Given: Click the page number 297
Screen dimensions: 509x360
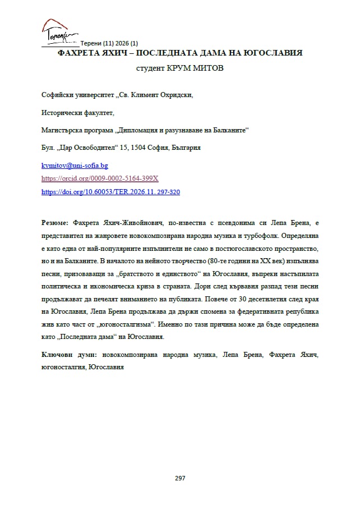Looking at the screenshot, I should click(x=180, y=478).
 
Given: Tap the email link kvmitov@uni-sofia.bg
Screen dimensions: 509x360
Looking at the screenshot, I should click(x=75, y=166).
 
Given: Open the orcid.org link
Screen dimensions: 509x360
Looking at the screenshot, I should click(x=100, y=178).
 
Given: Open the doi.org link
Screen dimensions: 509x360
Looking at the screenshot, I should click(x=110, y=191).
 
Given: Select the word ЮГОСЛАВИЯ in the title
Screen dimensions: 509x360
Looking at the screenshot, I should click(x=270, y=53).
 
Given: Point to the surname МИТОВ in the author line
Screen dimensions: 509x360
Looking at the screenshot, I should click(x=211, y=68).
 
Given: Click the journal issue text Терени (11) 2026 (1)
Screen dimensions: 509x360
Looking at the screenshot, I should click(x=109, y=43).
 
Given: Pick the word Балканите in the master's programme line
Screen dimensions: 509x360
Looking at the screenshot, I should click(x=228, y=130).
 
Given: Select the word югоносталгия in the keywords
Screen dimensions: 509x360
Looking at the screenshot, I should click(x=59, y=367).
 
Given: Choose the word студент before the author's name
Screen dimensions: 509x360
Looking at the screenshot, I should click(x=150, y=68).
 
